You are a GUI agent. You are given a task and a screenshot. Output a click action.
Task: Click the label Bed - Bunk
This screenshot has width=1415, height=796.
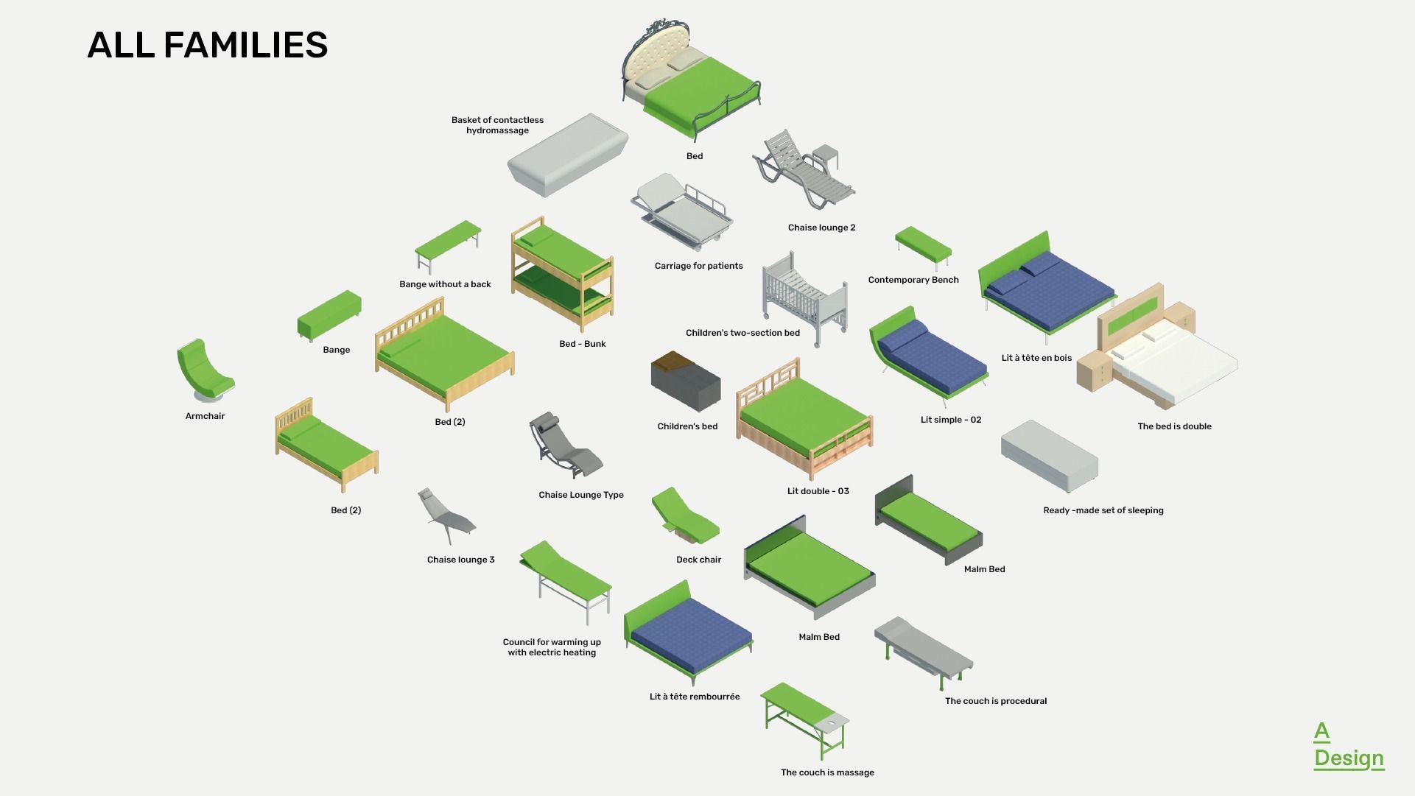pos(582,344)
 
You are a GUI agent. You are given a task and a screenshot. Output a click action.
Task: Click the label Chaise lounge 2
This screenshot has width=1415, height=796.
pos(821,228)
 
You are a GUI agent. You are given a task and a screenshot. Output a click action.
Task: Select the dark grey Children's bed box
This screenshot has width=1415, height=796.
pos(685,381)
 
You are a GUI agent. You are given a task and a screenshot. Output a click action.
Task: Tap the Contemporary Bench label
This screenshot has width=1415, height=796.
pos(913,280)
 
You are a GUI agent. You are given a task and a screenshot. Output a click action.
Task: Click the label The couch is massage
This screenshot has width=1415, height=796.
pos(827,772)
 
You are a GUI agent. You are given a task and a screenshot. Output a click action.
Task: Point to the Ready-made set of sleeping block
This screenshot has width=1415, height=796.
pos(1049,457)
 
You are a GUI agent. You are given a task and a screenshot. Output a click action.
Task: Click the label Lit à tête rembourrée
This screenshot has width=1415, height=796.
pos(694,697)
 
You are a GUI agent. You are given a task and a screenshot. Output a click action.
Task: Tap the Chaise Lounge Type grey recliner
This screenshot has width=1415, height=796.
pos(563,446)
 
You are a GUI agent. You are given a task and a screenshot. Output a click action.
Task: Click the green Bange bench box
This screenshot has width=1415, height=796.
pos(329,315)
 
